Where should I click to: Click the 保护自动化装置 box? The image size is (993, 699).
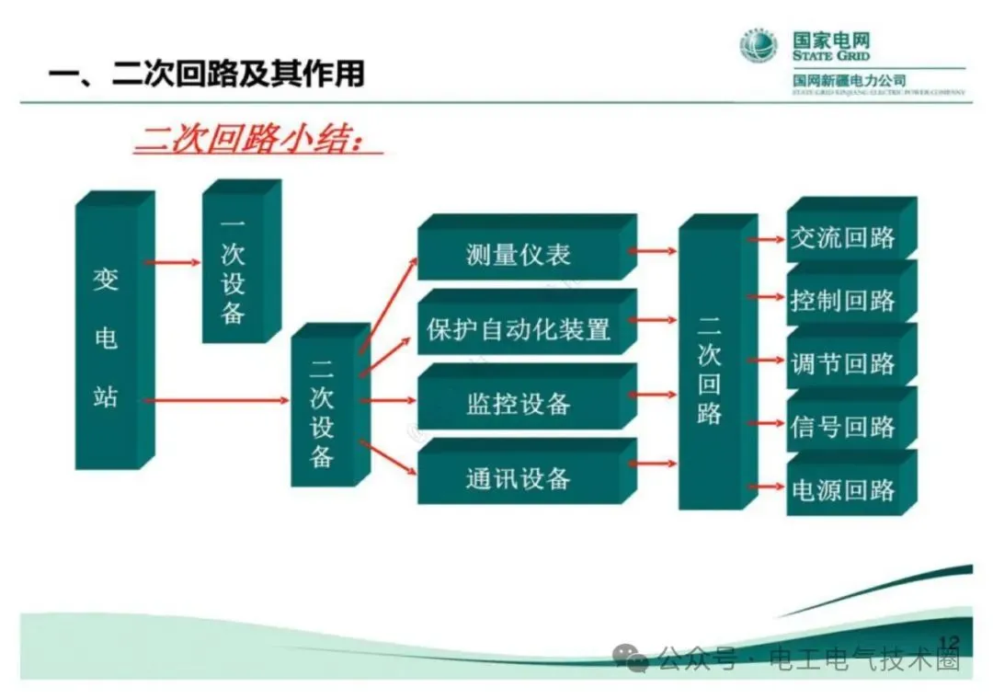pos(519,329)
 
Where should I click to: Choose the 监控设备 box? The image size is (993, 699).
pos(519,404)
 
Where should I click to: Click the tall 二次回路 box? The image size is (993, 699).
pos(710,368)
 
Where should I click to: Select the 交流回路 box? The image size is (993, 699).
pos(843,237)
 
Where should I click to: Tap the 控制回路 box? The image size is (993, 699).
pos(843,301)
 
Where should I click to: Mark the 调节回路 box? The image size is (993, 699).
pos(843,363)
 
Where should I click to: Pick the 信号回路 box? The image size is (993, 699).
pos(843,427)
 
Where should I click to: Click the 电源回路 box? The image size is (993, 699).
pos(843,489)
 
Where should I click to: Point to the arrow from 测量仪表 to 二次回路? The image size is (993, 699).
pos(657,249)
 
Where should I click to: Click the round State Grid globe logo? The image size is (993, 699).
pos(759,45)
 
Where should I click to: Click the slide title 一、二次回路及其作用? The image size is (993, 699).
pos(207,74)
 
